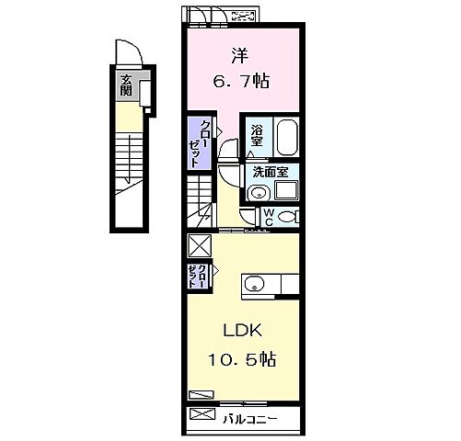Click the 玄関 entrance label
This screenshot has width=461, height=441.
(x=126, y=85)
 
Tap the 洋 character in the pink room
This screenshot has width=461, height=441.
(x=240, y=56)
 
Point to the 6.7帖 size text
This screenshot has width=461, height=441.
(x=241, y=82)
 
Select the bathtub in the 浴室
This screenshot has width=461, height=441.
(x=287, y=137)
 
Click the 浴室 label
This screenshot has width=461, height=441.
(x=257, y=136)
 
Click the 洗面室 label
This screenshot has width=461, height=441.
(x=271, y=172)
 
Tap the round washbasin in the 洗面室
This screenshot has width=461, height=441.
(x=259, y=193)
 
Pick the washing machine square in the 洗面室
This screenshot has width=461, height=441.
(x=286, y=190)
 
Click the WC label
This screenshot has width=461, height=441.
(x=269, y=217)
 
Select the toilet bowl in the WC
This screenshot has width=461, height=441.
(x=287, y=217)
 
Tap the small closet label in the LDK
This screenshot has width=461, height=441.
(x=197, y=276)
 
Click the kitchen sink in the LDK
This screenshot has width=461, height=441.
(x=254, y=283)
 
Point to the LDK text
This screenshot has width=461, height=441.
(x=242, y=331)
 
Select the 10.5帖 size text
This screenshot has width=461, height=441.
(x=242, y=359)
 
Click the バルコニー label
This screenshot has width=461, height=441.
(x=250, y=419)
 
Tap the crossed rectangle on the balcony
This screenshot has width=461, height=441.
(x=202, y=414)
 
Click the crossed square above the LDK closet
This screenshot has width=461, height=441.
(x=200, y=245)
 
